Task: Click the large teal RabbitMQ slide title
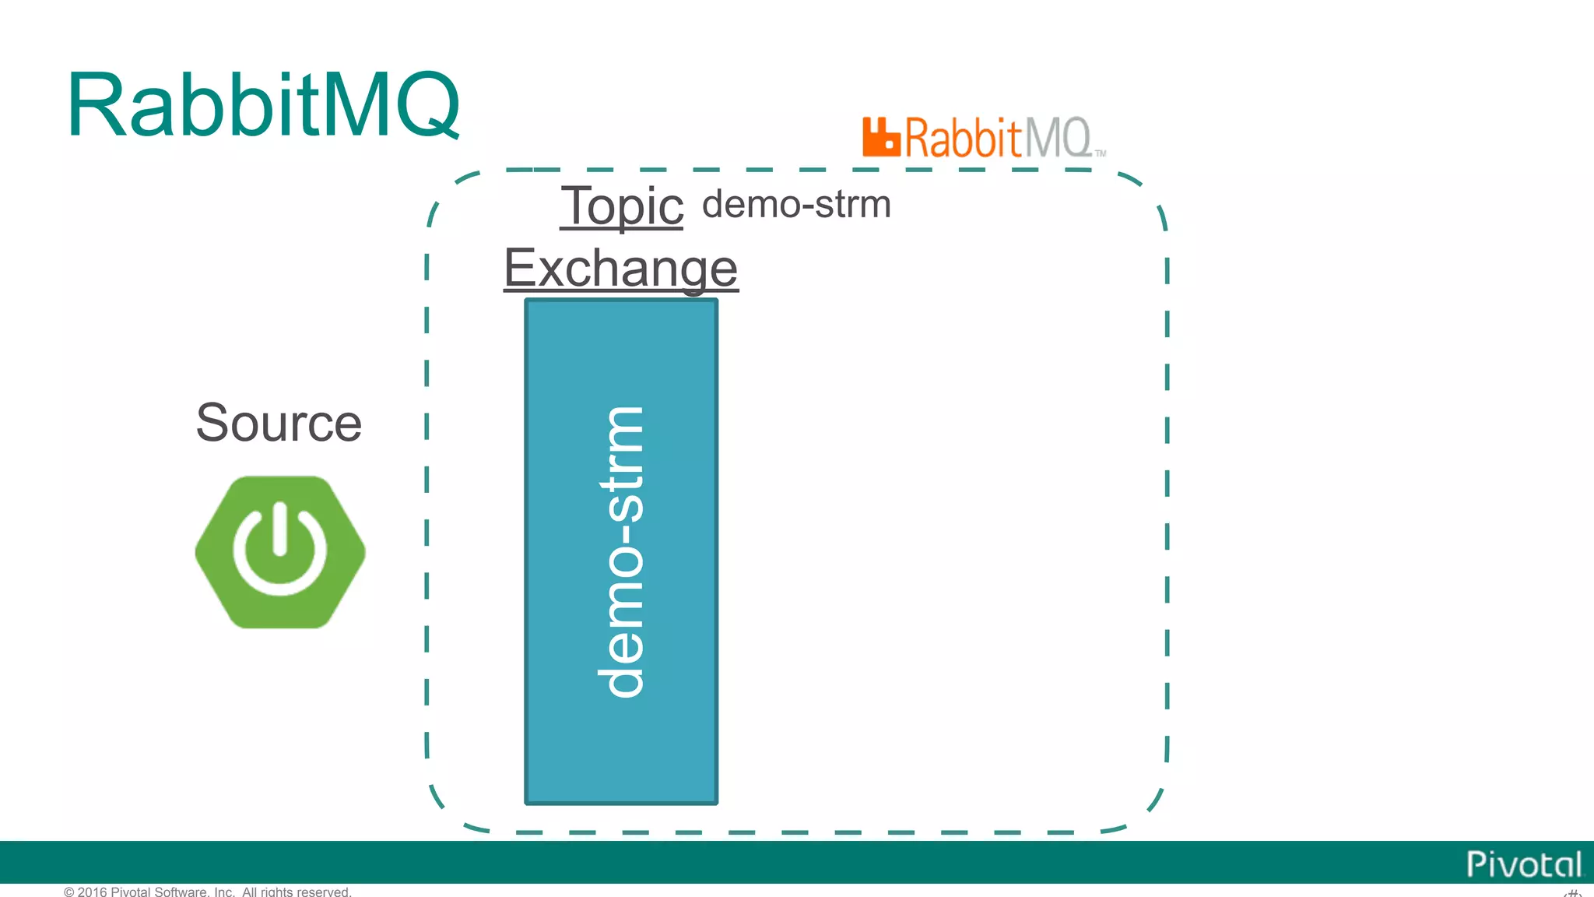tap(263, 106)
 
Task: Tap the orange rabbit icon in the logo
tap(880, 138)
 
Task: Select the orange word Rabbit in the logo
tap(962, 139)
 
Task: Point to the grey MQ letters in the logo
tap(1056, 139)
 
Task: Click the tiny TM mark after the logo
tap(1101, 153)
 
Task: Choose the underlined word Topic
tap(621, 206)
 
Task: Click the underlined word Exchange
tap(620, 268)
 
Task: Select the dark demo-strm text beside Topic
tap(796, 205)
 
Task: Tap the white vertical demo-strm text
tap(621, 551)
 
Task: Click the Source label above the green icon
tap(279, 423)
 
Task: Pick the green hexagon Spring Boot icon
tap(280, 551)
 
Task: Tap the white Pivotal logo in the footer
tap(1523, 864)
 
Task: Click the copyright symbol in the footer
tap(69, 892)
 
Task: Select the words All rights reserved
tap(297, 892)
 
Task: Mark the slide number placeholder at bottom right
tap(1573, 892)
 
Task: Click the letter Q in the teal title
tap(427, 106)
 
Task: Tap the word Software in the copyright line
tap(181, 892)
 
